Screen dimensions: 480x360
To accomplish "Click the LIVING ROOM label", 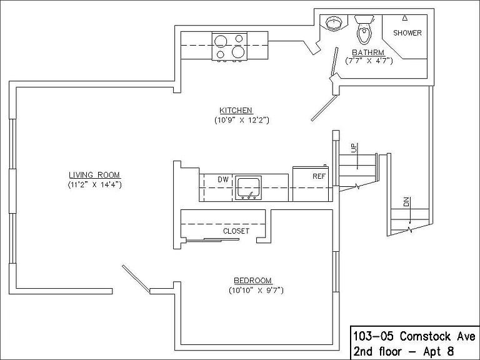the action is (94, 175).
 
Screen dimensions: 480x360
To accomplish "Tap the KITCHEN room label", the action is (236, 110).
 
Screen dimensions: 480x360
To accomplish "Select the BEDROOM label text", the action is (253, 281).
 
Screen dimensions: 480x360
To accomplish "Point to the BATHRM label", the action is (368, 52).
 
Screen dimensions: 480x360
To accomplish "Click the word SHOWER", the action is (407, 32).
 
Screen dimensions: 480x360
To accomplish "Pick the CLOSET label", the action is (236, 231).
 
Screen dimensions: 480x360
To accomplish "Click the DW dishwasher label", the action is (223, 180).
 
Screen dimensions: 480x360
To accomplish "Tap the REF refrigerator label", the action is (319, 176).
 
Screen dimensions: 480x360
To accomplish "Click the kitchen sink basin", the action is (248, 187).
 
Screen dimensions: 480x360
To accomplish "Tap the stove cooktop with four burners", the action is (229, 46).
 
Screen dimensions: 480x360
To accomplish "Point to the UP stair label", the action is (354, 148).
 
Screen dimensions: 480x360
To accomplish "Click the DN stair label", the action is (406, 202).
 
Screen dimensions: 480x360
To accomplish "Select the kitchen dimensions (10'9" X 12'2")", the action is (241, 120).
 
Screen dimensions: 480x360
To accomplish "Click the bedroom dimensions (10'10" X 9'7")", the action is (256, 290).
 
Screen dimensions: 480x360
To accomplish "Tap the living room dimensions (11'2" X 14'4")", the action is (94, 184).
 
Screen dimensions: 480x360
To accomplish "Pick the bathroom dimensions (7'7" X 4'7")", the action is (369, 61).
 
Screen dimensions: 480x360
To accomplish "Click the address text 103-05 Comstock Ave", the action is (414, 336).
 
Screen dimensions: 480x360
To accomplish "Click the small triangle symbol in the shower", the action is (405, 18).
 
